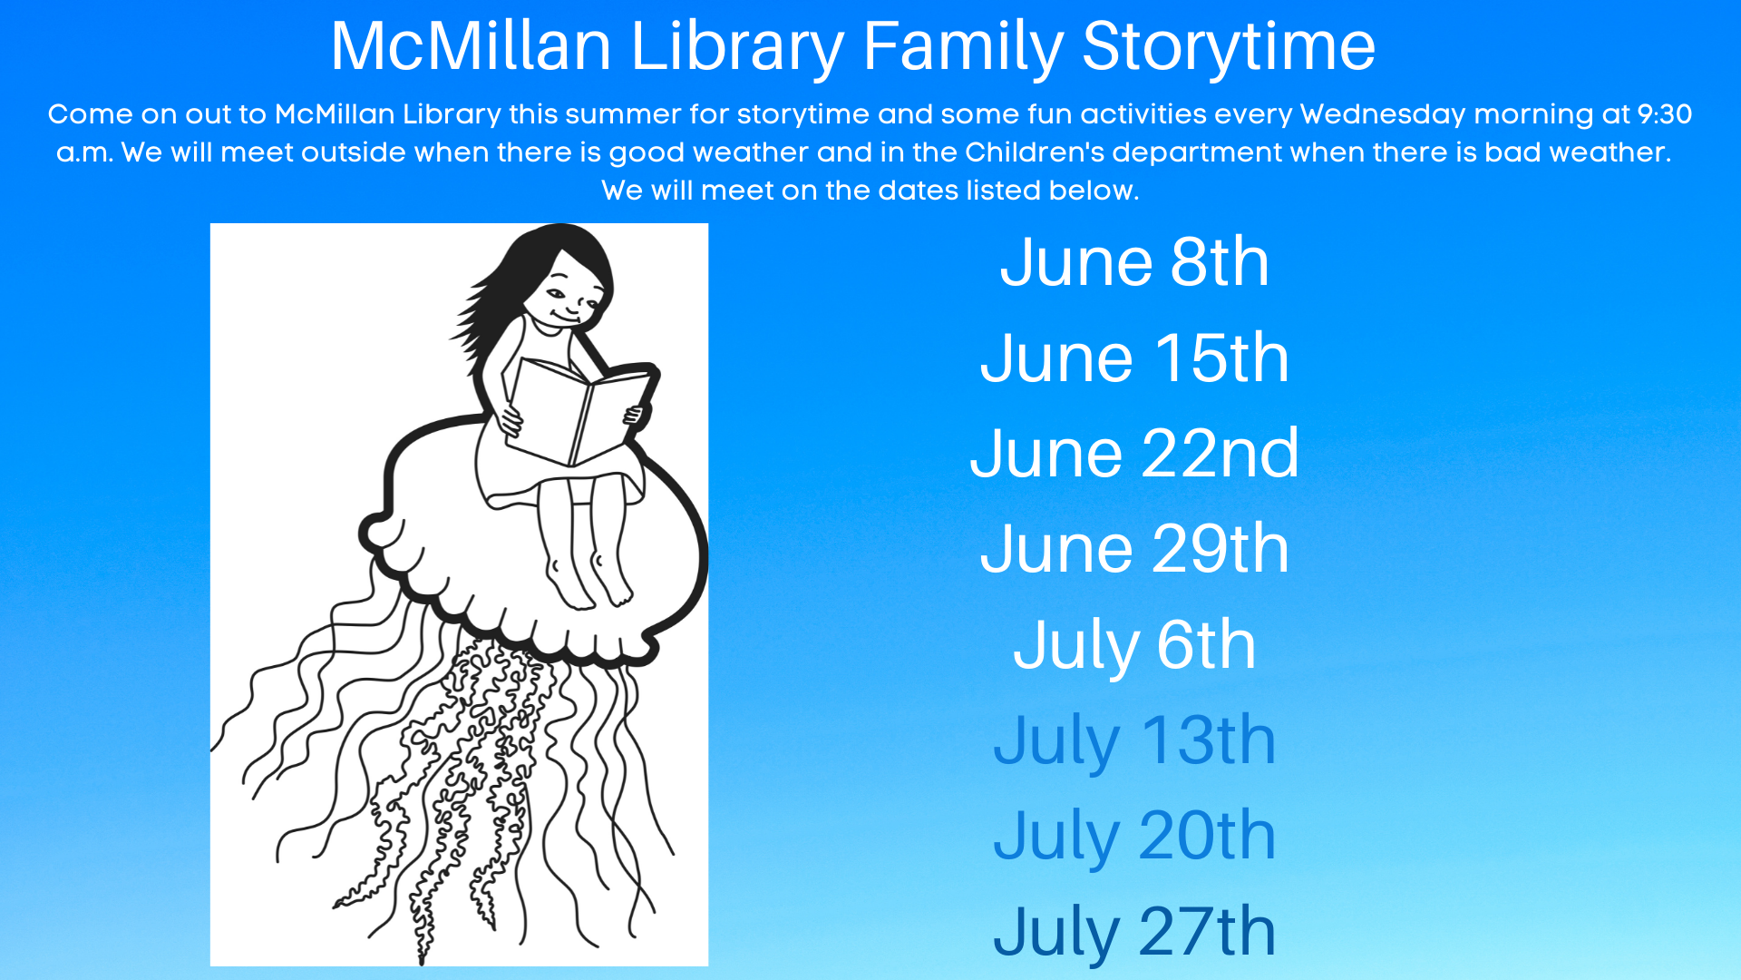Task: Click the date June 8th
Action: point(1134,262)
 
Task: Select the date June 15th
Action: point(1134,358)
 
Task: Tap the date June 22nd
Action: point(1134,453)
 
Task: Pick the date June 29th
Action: point(1134,549)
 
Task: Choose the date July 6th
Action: point(1134,646)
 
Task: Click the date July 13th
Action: point(1134,741)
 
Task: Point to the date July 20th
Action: point(1134,837)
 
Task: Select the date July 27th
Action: point(1134,932)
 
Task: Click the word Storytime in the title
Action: point(1229,47)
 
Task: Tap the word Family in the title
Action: point(963,47)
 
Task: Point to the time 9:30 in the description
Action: point(1665,114)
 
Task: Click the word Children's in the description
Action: point(1035,152)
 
